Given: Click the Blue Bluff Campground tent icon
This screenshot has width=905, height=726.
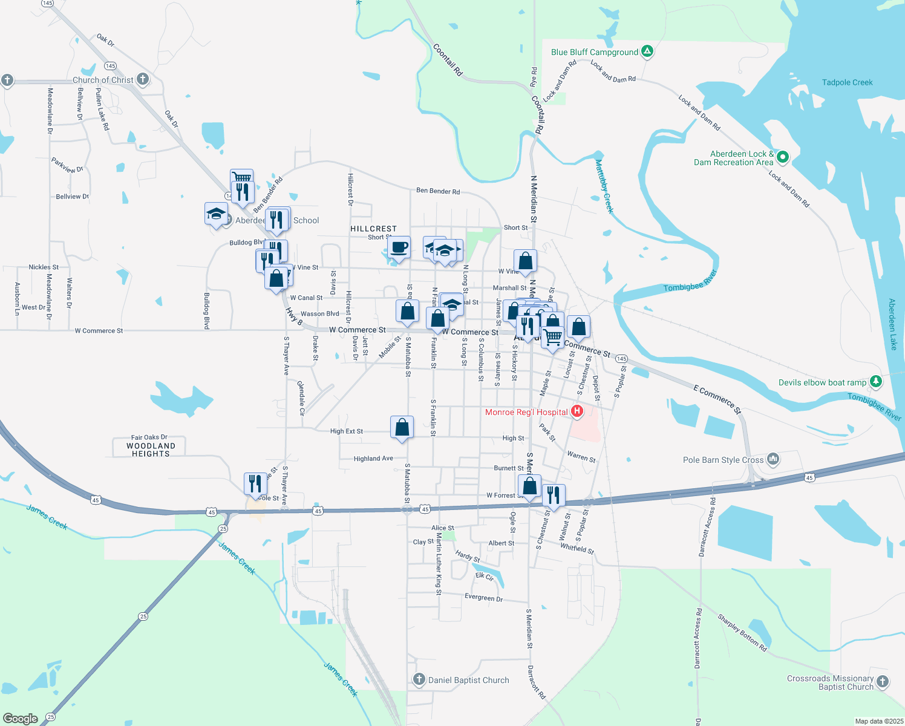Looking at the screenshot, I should click(647, 51).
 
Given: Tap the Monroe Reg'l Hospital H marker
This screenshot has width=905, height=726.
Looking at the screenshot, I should click(577, 412).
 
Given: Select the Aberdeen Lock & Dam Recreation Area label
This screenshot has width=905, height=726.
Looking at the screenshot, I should click(733, 158).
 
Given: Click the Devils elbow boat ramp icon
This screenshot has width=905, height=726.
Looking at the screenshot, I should click(875, 382).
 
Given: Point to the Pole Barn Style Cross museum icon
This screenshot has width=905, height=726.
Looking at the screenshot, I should click(773, 459).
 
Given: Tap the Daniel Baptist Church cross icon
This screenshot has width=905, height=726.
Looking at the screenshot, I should click(419, 679).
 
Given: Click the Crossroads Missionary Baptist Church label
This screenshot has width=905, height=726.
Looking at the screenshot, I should click(830, 682).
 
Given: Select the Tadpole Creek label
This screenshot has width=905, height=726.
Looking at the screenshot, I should click(847, 82).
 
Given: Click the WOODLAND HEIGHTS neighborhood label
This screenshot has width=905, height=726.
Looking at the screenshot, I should click(151, 450).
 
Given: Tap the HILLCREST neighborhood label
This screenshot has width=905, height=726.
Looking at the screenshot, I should click(373, 229).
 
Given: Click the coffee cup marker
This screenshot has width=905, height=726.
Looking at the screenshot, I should click(399, 247).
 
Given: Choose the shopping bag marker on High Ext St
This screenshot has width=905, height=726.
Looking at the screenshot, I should click(402, 427).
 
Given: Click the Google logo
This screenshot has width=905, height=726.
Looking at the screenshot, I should click(21, 718).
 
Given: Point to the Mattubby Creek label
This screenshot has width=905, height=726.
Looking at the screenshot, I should click(604, 186).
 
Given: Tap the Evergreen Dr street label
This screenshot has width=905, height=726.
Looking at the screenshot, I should click(483, 598).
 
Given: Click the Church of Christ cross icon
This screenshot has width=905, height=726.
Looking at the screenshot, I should click(143, 79).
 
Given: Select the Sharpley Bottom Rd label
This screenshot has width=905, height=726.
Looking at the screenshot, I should click(742, 632).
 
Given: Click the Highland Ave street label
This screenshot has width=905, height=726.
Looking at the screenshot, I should click(373, 459).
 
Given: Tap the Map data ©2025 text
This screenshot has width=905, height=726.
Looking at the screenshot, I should click(877, 721).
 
